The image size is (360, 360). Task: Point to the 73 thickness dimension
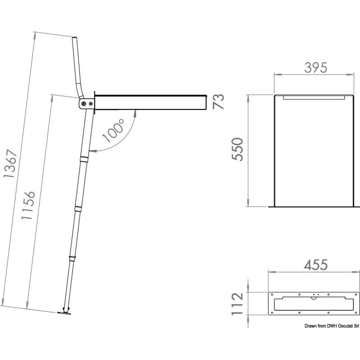[x=218, y=102]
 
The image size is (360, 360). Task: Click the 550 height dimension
[x=237, y=149]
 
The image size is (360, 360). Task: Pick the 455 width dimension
[x=315, y=265]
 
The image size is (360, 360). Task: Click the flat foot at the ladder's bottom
[x=64, y=313]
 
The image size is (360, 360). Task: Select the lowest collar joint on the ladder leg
[x=72, y=258]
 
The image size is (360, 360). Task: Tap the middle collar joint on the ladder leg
[x=77, y=207]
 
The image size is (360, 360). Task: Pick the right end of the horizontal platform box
[x=205, y=102]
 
